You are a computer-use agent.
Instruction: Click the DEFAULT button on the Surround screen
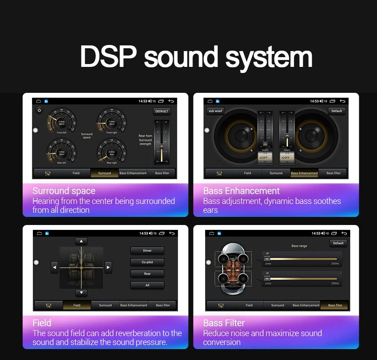tap(162, 111)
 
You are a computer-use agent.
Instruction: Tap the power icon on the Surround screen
tap(39, 110)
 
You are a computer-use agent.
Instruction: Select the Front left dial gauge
tap(62, 122)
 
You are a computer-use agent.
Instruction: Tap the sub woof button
tap(215, 111)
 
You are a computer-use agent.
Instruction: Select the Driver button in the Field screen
tap(147, 251)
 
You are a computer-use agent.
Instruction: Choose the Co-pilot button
tap(147, 262)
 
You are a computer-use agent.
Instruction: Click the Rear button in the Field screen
tap(147, 274)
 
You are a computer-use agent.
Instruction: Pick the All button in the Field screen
tap(147, 285)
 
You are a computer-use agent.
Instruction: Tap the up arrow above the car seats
tap(81, 241)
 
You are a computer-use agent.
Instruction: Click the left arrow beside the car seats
tap(54, 267)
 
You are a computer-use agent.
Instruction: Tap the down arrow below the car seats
tap(81, 293)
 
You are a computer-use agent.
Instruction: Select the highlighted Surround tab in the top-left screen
tap(104, 173)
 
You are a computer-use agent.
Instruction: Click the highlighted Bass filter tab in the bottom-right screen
tap(335, 305)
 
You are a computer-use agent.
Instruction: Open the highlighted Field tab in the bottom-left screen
tap(77, 305)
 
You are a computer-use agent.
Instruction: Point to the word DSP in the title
tap(108, 57)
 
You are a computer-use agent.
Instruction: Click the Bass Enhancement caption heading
tap(241, 191)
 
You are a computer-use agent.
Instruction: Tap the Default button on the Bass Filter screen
tap(338, 243)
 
